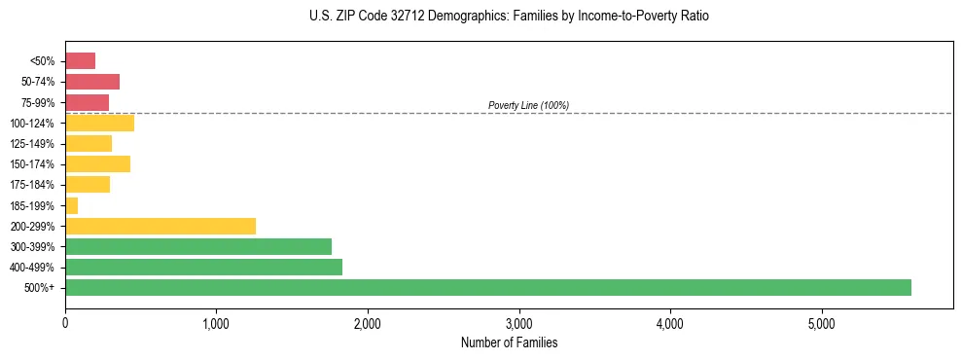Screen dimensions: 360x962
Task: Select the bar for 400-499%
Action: click(203, 267)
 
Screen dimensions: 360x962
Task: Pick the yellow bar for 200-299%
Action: click(160, 226)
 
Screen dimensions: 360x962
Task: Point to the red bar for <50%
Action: click(81, 60)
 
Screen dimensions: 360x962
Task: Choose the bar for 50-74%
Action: click(92, 82)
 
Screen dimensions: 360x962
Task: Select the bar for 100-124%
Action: click(99, 123)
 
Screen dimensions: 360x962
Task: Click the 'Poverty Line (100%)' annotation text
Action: click(528, 105)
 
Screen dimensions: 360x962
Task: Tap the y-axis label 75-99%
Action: click(38, 102)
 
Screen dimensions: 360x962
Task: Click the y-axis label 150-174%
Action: click(34, 164)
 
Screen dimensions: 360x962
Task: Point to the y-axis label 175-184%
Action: click(34, 185)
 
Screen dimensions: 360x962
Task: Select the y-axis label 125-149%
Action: click(34, 144)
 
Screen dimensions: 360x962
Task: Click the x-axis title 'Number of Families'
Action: click(509, 342)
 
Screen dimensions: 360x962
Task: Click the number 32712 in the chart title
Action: click(393, 17)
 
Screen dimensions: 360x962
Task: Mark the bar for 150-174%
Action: click(97, 163)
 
